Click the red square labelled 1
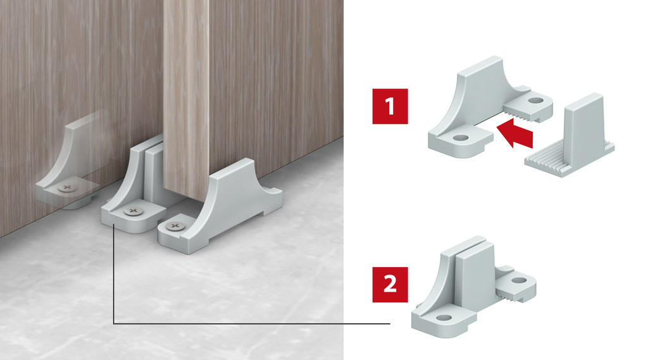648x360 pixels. click(390, 106)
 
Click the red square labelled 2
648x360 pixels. click(390, 283)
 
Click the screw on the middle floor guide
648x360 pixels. click(132, 210)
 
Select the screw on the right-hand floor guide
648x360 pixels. click(171, 225)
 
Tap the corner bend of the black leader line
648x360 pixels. click(113, 323)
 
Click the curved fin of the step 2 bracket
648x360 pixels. click(440, 282)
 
